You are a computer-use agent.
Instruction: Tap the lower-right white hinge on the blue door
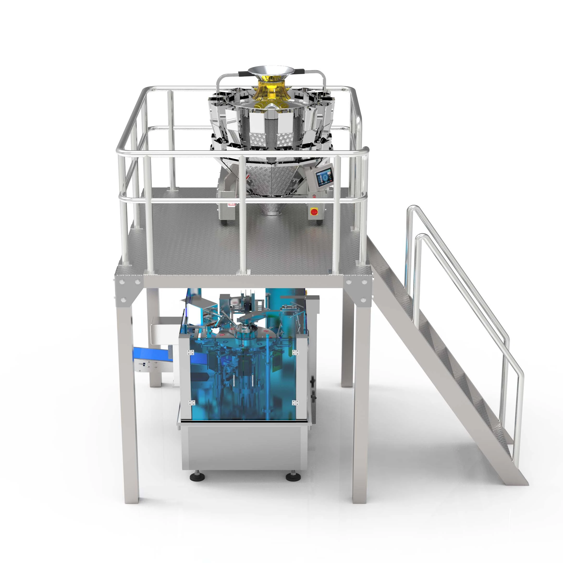tap(295, 403)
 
